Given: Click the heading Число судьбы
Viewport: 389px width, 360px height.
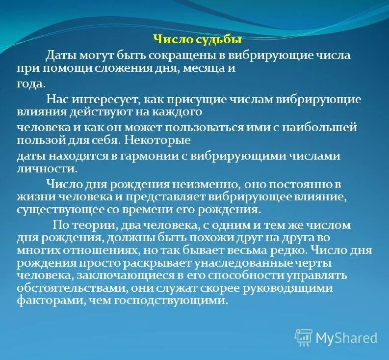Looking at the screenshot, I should [x=198, y=40].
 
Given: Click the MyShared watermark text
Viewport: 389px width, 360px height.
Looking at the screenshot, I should [x=346, y=338].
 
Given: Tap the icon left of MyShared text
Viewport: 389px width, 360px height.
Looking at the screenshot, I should [x=303, y=337].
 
